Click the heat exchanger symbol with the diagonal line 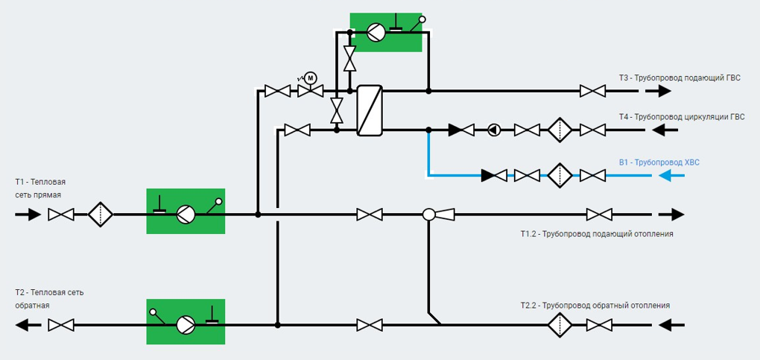coord(370,110)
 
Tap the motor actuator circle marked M coord(311,78)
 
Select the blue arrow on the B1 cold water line coord(671,175)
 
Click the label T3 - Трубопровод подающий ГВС coord(680,78)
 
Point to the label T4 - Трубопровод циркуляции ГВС coord(682,117)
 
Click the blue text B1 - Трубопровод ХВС coord(659,162)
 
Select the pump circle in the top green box coord(376,33)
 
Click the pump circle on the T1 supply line coord(185,214)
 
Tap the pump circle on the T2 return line coord(185,324)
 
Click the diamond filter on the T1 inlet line coord(101,214)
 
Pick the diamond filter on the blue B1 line coord(560,175)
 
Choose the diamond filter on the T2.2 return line coord(560,324)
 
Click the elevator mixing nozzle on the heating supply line coord(439,214)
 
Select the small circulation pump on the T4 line coord(494,130)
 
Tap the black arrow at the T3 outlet coord(658,91)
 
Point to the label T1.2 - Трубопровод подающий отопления coord(594,234)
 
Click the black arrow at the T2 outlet coord(28,324)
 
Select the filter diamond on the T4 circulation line coord(560,130)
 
